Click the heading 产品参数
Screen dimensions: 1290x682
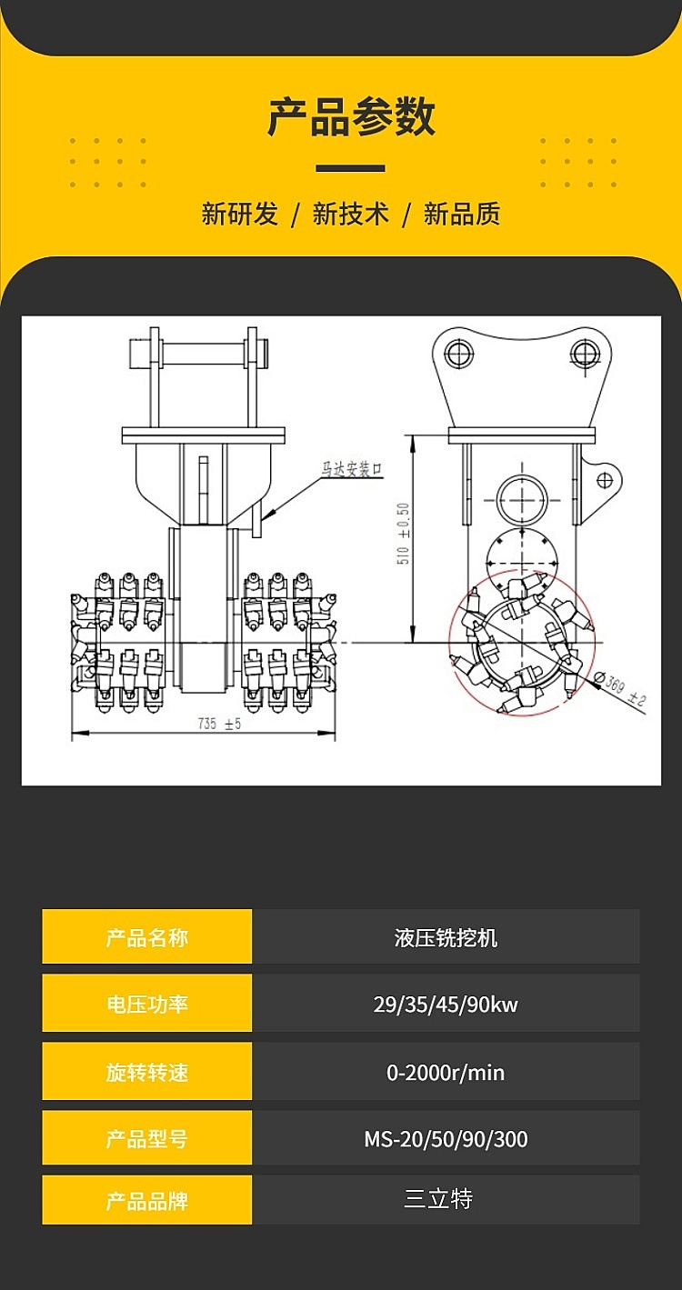pos(351,117)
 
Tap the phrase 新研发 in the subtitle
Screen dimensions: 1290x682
pos(239,215)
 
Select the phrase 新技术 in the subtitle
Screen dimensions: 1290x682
pos(350,215)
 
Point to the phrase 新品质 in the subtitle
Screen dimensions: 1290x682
pos(462,215)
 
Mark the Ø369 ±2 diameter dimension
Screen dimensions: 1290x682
pos(623,688)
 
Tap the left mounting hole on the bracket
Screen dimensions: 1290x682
pos(459,352)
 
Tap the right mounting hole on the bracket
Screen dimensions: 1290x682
pos(584,352)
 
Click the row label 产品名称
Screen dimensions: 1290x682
pos(147,937)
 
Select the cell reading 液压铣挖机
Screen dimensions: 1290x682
pos(446,937)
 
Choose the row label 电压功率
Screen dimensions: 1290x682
pos(147,1004)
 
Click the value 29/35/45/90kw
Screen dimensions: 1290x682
pos(446,1004)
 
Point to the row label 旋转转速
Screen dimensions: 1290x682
pos(147,1072)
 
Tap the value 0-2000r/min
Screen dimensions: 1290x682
pos(446,1072)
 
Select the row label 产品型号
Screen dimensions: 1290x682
pos(147,1138)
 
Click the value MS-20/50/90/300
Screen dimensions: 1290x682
pos(446,1138)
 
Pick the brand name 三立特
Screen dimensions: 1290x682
pos(438,1199)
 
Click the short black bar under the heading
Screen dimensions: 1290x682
pos(350,168)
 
